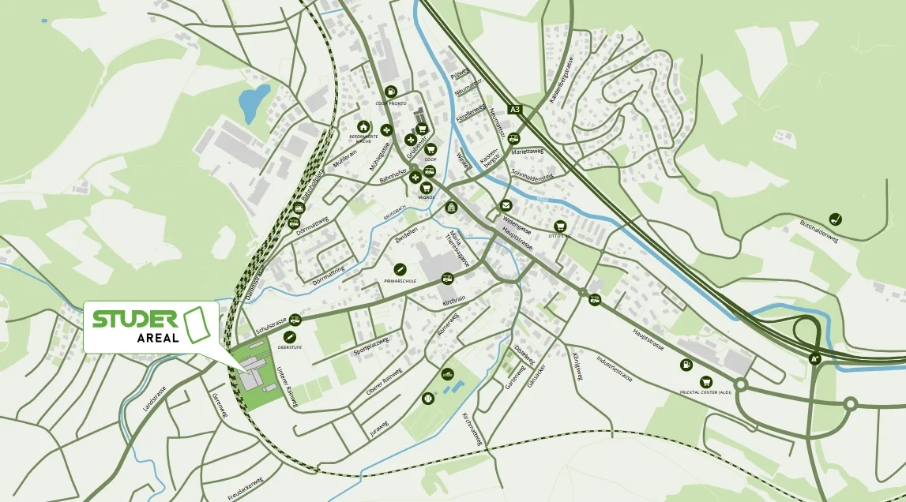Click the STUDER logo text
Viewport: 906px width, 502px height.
click(x=134, y=319)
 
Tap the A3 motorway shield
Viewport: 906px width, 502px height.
click(x=516, y=111)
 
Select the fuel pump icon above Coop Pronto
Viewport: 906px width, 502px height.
click(x=391, y=92)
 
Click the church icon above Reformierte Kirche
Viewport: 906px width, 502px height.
click(x=363, y=126)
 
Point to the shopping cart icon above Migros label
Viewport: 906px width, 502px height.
click(x=428, y=185)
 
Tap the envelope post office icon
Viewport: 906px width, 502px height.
click(x=506, y=205)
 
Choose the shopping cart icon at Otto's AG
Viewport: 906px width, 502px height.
click(x=561, y=226)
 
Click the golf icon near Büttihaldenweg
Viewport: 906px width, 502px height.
click(x=836, y=219)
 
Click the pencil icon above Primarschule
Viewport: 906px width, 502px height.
click(x=400, y=269)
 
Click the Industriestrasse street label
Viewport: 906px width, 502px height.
click(x=615, y=367)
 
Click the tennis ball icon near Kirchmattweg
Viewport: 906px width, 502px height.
click(x=428, y=399)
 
